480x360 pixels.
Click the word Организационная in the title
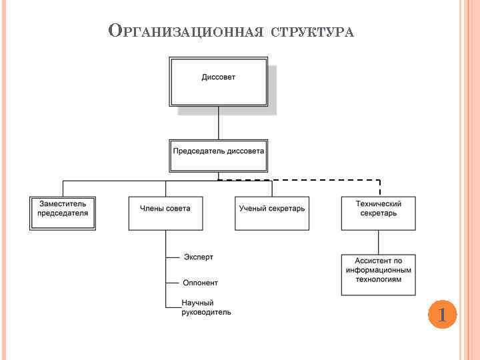tap(187, 31)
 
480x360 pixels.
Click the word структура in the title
tap(311, 32)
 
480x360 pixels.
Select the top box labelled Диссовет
tap(219, 81)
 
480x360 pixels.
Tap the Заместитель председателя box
tap(63, 213)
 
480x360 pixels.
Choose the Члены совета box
tap(165, 213)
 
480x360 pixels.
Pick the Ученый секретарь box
tap(272, 213)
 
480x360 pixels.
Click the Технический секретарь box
tap(378, 213)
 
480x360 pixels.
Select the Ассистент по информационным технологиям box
tap(378, 274)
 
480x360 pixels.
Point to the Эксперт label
tap(199, 257)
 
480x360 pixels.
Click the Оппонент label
tap(200, 283)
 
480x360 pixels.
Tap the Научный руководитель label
tap(206, 307)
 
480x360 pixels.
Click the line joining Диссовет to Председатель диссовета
tap(219, 123)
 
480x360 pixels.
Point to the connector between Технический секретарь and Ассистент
tap(379, 242)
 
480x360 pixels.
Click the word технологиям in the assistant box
tap(378, 280)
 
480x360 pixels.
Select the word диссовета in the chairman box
tap(246, 151)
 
